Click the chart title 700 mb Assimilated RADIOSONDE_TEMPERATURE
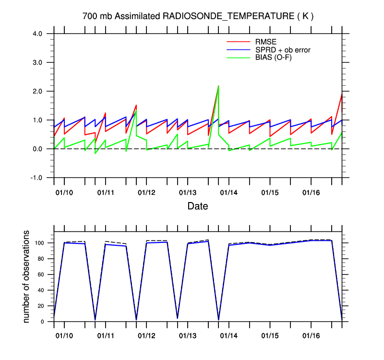pos(198,16)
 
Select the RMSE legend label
pos(267,41)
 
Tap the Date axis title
pos(198,206)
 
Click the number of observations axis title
pos(27,276)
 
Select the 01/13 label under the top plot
pos(187,192)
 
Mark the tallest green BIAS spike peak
pos(218,86)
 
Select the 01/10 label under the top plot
pos(64,192)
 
